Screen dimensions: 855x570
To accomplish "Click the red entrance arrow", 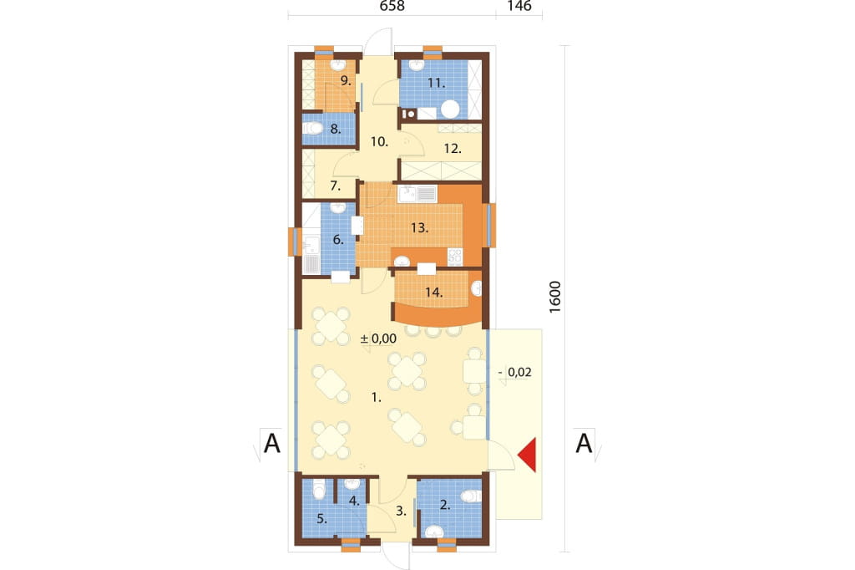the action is point(529,455).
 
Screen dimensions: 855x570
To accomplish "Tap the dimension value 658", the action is point(392,6).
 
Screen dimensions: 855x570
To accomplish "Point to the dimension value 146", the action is point(519,6).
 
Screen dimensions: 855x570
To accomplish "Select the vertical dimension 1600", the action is point(554,297).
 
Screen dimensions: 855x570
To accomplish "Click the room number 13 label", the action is point(419,227).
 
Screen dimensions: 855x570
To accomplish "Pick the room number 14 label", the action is point(433,293).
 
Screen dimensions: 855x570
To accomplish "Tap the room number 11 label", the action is point(436,84).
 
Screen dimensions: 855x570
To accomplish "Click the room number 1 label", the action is point(377,398).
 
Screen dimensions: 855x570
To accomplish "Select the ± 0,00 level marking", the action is point(378,338).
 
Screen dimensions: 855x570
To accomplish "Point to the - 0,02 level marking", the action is point(514,373).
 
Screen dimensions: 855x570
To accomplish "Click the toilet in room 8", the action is point(314,129).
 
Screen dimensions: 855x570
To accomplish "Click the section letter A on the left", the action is point(272,443).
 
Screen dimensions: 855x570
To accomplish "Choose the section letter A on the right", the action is point(584,443).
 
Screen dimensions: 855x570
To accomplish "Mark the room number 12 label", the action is point(453,149).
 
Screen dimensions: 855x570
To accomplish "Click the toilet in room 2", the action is point(471,496).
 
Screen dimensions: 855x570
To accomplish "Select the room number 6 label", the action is point(338,240).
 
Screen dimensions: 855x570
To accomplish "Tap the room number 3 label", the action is point(402,511).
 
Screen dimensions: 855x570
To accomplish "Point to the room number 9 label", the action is point(345,81).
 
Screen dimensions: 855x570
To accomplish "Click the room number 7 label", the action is point(336,186).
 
